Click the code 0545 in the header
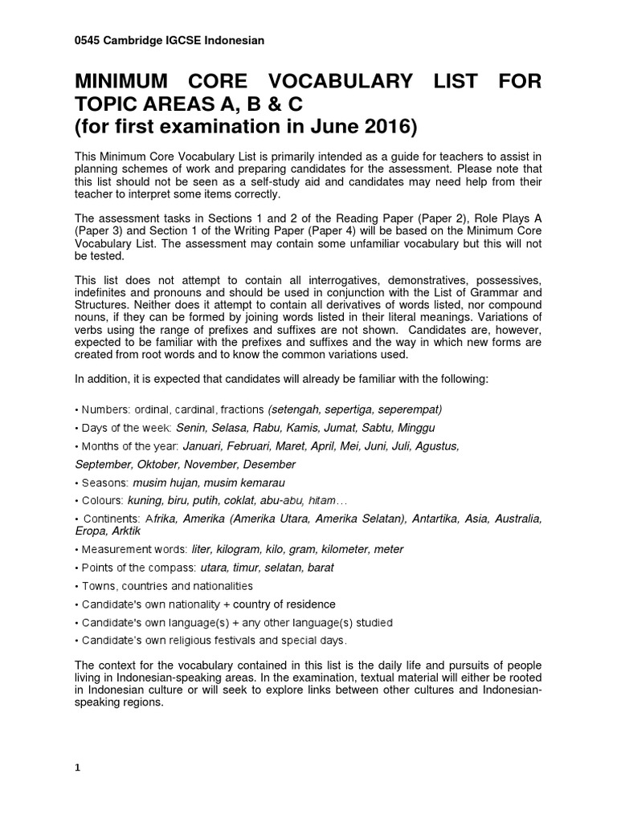pyautogui.click(x=88, y=39)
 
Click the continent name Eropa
pyautogui.click(x=91, y=531)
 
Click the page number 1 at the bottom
pyautogui.click(x=78, y=767)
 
